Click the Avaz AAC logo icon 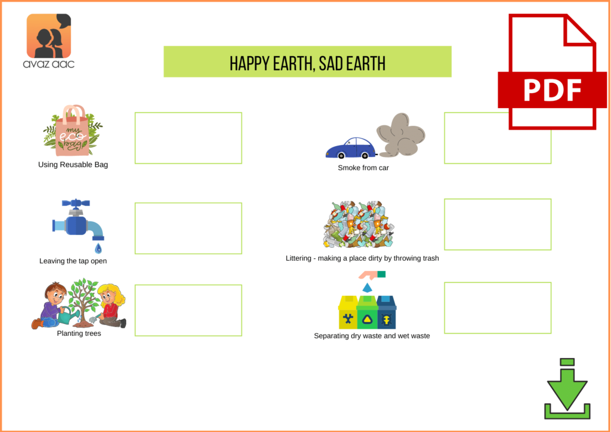(49, 36)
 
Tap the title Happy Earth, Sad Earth (307, 62)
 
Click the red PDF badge (552, 90)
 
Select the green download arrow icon (567, 388)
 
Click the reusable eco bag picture (72, 131)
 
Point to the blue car (350, 149)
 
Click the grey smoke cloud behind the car (402, 134)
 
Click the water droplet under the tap (98, 248)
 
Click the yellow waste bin (347, 314)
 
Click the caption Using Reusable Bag (73, 165)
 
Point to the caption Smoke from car (363, 168)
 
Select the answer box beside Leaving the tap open (188, 228)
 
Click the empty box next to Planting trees (188, 310)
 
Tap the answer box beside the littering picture (498, 224)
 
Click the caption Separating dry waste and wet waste (372, 336)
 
